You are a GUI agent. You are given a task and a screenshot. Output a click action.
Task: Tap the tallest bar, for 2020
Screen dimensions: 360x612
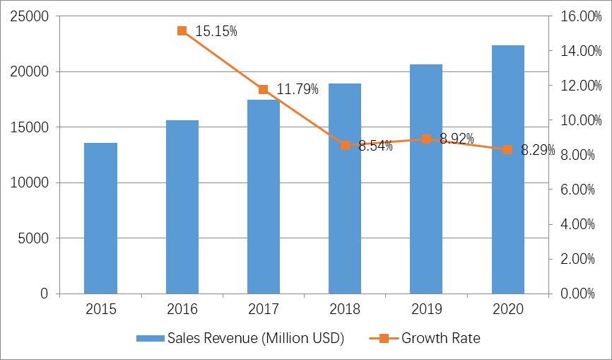click(x=508, y=169)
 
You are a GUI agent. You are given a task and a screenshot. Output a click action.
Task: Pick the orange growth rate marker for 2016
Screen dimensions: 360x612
click(x=182, y=30)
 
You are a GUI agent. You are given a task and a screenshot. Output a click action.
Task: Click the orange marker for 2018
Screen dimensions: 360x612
click(x=345, y=145)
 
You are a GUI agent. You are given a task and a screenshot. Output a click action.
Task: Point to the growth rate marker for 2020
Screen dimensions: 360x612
click(x=507, y=149)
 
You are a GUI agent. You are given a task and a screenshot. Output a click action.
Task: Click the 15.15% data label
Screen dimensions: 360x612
click(x=216, y=31)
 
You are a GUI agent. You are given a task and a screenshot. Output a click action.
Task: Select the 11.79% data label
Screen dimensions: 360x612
click(x=298, y=89)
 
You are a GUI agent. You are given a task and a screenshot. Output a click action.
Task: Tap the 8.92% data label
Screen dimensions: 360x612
click(x=457, y=139)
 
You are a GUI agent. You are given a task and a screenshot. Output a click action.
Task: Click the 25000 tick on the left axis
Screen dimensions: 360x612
click(x=29, y=16)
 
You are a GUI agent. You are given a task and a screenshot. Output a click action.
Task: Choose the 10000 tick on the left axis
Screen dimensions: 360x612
click(x=29, y=182)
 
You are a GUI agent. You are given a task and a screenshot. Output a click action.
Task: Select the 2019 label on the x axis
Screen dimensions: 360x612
click(x=426, y=309)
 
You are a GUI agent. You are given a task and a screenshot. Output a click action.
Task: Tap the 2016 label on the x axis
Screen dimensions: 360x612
click(x=182, y=309)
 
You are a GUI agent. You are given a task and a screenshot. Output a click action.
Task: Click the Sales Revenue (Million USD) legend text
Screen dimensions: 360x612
click(x=255, y=338)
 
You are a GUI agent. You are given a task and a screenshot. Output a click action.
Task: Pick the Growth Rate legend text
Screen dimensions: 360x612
click(x=441, y=338)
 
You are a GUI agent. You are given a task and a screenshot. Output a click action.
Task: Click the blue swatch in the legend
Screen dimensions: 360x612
click(x=150, y=338)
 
